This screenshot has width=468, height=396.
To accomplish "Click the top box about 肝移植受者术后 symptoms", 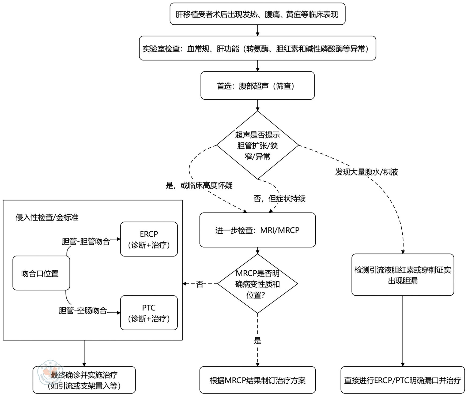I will [257, 14].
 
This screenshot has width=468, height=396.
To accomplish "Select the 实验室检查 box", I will [257, 48].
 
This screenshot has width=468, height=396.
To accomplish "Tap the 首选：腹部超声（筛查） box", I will [257, 86].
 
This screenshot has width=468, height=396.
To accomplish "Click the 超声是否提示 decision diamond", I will [257, 145].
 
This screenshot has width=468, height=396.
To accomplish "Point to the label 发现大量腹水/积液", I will [367, 172].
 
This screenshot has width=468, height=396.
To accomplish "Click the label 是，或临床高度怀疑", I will [199, 185].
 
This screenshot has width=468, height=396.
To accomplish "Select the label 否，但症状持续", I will [279, 199].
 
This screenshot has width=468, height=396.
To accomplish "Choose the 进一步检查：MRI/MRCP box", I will [257, 230].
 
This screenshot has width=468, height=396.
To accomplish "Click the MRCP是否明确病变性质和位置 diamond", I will [257, 284].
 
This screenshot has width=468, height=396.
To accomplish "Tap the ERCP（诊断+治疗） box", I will [149, 239].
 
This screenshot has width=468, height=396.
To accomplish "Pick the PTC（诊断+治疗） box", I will [149, 313].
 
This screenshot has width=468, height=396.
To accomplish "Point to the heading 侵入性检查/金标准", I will [47, 217].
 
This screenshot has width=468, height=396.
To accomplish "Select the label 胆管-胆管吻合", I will [86, 241].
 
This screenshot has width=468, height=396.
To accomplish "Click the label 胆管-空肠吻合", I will [83, 311].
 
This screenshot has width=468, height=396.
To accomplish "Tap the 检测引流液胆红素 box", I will [402, 275].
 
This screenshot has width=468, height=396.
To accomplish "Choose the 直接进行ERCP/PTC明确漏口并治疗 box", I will [402, 380].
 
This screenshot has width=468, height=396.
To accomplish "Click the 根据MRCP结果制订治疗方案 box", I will [257, 380].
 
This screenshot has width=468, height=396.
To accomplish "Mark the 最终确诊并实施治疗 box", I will [84, 380].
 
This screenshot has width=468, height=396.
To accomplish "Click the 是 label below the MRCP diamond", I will [257, 341].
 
